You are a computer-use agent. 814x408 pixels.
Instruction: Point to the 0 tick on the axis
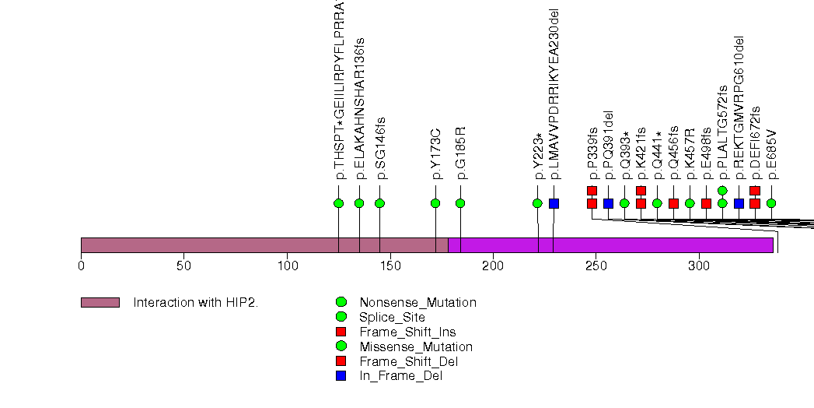coord(81,266)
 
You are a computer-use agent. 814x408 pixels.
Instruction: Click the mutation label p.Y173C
coord(436,153)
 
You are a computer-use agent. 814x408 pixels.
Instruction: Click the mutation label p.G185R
coord(461,153)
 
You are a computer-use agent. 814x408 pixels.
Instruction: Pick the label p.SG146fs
coord(380,148)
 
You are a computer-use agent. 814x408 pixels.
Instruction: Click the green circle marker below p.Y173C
coord(435,203)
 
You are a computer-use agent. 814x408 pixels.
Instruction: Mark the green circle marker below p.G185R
coord(460,203)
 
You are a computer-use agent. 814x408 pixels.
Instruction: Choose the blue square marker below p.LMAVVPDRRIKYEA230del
coord(554,203)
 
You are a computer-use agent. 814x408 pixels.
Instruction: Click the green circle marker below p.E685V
coord(771,203)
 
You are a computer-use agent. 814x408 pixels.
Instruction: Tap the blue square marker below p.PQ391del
coord(608,203)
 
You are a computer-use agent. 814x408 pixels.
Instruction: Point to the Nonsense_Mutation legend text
coord(417,302)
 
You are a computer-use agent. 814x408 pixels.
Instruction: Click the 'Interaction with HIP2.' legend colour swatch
coord(100,302)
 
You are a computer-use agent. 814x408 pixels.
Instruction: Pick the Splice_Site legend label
coord(392,317)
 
